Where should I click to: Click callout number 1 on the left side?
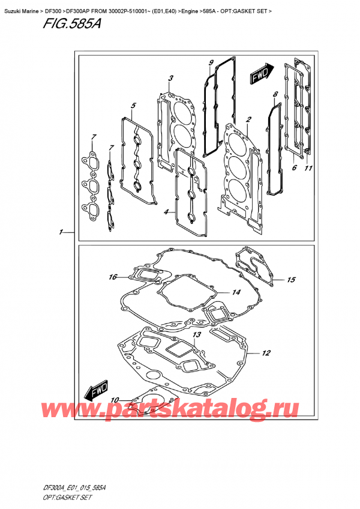(x=61, y=232)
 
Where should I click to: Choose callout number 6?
(x=294, y=169)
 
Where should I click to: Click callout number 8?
(x=275, y=94)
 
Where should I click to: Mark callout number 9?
(x=211, y=63)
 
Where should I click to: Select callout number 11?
(x=309, y=169)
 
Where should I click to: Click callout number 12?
(x=266, y=353)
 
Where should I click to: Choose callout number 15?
(x=291, y=280)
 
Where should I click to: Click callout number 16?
(x=112, y=277)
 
